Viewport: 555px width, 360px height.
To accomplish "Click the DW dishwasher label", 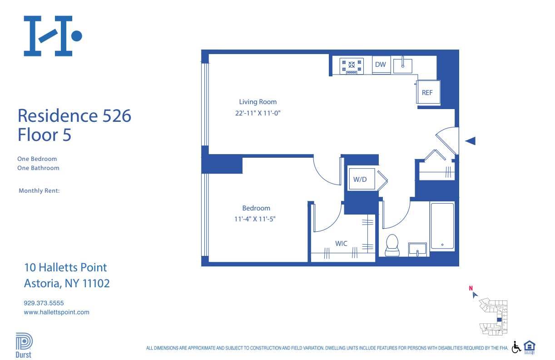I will (381, 65).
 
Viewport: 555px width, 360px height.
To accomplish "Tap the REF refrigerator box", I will (427, 93).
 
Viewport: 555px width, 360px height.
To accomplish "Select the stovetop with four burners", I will (352, 65).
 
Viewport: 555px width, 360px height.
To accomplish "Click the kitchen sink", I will (402, 65).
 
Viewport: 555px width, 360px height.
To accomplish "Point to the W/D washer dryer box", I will (360, 179).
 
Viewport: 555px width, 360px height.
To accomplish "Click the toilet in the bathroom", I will (391, 245).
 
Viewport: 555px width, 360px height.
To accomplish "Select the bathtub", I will (442, 226).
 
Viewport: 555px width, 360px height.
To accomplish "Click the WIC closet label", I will (341, 244).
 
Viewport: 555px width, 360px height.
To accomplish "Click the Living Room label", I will (258, 102).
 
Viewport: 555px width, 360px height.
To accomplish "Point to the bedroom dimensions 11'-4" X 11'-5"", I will (256, 219).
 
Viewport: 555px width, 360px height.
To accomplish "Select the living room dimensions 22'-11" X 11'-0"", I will (255, 114).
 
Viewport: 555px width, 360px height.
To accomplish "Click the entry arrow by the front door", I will (470, 141).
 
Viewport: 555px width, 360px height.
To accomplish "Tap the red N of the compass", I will (471, 287).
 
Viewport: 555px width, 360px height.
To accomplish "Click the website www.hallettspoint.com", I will (56, 312).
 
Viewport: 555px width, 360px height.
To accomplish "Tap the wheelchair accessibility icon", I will (516, 347).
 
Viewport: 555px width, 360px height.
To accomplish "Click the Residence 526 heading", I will (74, 116).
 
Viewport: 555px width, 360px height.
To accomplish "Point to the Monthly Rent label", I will (39, 191).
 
